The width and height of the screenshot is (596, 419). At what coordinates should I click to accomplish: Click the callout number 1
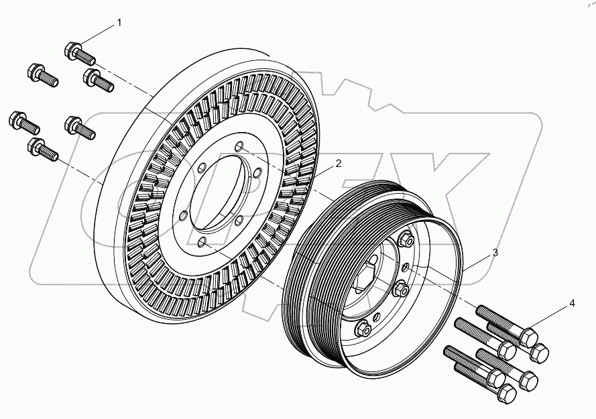pyautogui.click(x=119, y=23)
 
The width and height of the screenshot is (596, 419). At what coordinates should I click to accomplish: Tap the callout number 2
pyautogui.click(x=339, y=163)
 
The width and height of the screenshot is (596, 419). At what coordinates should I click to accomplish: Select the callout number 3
pyautogui.click(x=495, y=253)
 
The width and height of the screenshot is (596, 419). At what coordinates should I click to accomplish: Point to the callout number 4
pyautogui.click(x=572, y=304)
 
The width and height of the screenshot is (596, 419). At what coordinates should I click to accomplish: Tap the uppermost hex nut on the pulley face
pyautogui.click(x=404, y=239)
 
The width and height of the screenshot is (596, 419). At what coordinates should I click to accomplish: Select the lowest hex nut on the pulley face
pyautogui.click(x=363, y=328)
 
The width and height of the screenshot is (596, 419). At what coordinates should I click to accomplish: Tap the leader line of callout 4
pyautogui.click(x=549, y=318)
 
